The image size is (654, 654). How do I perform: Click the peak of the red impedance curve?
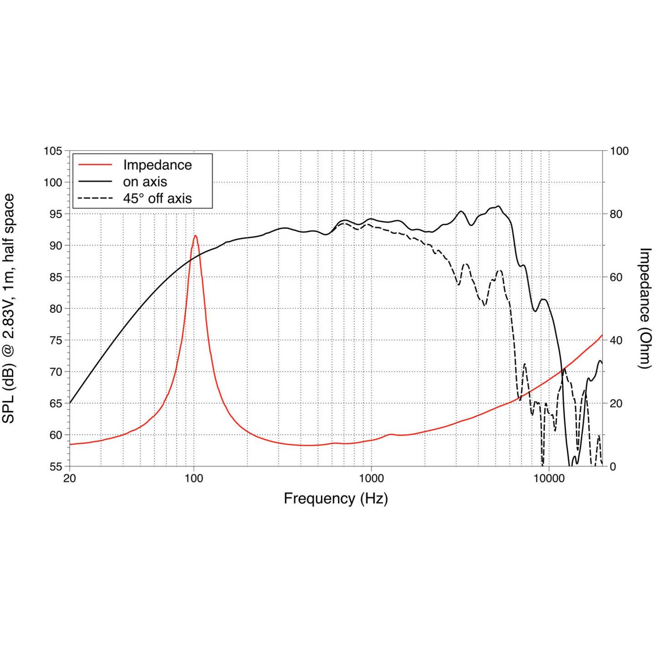click(195, 235)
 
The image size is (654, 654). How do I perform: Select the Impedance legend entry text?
click(158, 165)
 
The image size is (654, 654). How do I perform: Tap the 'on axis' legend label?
click(145, 182)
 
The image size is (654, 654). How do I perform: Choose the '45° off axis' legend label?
click(157, 198)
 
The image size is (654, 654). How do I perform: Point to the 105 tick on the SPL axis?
click(53, 151)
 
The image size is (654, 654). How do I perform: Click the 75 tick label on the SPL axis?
click(53, 340)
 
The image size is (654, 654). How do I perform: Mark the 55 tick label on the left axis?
click(53, 466)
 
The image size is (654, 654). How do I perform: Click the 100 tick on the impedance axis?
click(619, 151)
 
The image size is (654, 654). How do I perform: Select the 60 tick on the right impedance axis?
click(616, 277)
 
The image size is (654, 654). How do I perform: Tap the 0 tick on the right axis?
click(613, 466)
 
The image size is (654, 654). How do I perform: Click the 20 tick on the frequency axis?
click(69, 478)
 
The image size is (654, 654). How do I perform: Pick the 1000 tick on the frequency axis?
click(372, 478)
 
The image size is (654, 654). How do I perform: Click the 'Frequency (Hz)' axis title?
click(336, 499)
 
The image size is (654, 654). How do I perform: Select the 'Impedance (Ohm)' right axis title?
click(645, 308)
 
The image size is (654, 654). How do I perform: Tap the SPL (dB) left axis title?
click(9, 308)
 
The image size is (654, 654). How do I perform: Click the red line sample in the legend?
click(95, 165)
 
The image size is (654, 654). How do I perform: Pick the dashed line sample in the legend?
click(95, 198)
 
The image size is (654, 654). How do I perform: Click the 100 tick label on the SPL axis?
click(53, 182)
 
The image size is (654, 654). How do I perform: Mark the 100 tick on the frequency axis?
click(194, 478)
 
